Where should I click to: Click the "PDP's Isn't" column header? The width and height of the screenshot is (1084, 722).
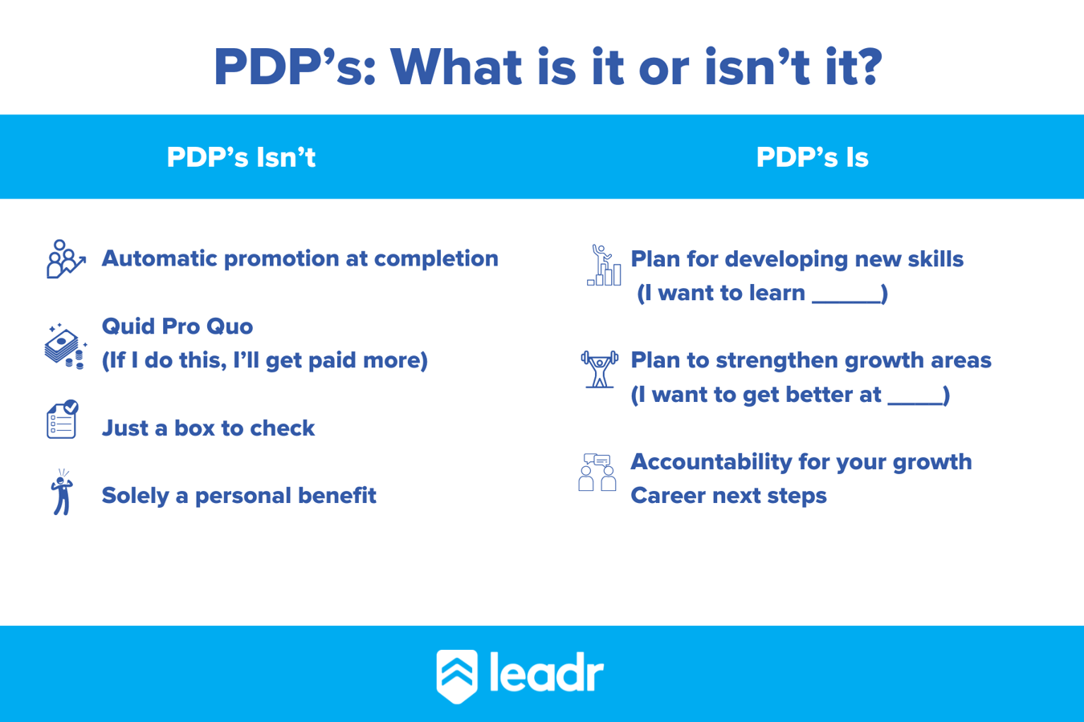coord(241,157)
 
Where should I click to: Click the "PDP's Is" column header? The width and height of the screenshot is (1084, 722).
coord(812,157)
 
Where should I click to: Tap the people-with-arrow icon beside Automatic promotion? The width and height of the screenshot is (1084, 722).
coord(65,259)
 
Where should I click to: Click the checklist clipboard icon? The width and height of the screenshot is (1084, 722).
coord(63,420)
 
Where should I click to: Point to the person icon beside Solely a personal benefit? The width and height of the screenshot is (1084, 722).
coord(62,493)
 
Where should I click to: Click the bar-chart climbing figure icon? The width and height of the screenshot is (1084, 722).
coord(604,266)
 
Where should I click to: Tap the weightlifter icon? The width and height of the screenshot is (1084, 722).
coord(600,369)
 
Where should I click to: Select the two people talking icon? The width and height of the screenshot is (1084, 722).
coord(597,473)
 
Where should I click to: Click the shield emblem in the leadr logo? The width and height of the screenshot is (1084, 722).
coord(457,675)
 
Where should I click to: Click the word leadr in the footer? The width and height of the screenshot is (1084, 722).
coord(546,673)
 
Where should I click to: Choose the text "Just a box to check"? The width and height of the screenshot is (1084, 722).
coord(208,428)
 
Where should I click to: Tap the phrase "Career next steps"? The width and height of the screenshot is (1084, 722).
coord(728,496)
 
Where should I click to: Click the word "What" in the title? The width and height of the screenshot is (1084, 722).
coord(455,67)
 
